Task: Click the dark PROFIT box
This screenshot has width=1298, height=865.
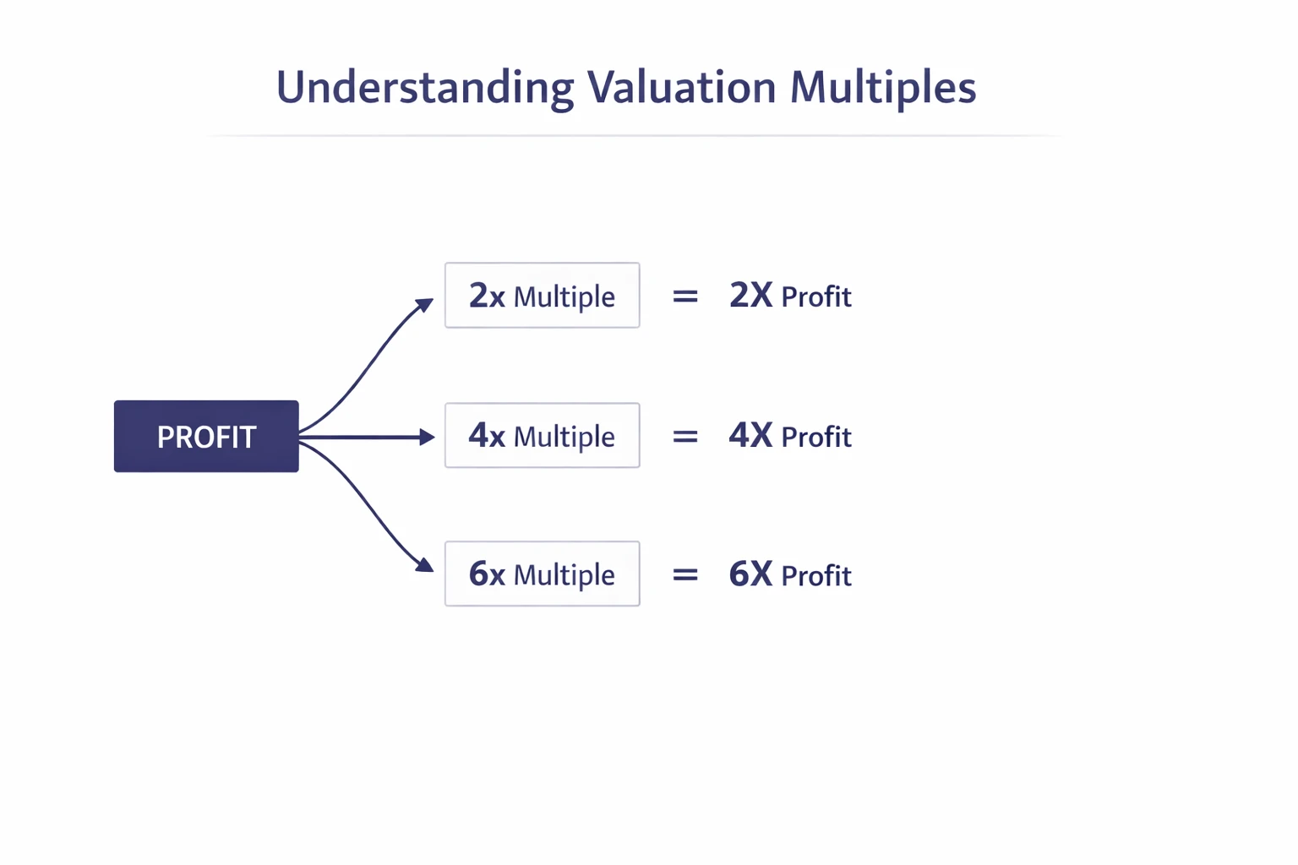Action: (206, 436)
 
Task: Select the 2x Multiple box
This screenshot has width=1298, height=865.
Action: (542, 296)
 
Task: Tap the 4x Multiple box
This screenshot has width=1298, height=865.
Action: (542, 436)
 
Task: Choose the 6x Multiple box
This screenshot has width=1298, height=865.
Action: (542, 574)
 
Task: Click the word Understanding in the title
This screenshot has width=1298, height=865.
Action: (424, 88)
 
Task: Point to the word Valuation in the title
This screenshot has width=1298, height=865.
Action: (681, 86)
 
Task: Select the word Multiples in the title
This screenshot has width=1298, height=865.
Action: (882, 88)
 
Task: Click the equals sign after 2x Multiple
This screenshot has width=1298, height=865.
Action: (684, 296)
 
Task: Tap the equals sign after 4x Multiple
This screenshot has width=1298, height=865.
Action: (684, 437)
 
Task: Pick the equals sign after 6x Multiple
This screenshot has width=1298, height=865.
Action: (684, 575)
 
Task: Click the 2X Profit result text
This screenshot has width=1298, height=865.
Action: (790, 296)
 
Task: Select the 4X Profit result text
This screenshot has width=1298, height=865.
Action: (790, 437)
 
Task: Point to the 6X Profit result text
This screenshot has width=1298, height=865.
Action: (790, 575)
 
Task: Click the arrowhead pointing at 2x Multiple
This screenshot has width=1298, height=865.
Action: (425, 304)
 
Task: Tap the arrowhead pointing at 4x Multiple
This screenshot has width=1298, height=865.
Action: (427, 437)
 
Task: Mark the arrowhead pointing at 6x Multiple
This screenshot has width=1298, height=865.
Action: (425, 565)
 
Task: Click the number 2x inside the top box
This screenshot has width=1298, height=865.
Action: (487, 296)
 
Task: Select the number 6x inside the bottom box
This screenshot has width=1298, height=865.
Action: (487, 574)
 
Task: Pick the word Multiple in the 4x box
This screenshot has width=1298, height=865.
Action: (564, 437)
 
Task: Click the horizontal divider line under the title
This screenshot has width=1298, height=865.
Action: (634, 135)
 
